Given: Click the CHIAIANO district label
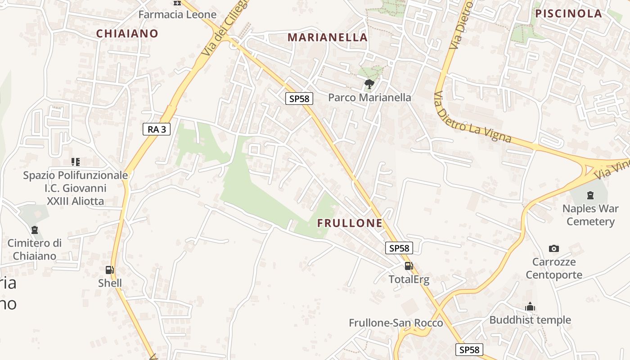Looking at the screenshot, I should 127,33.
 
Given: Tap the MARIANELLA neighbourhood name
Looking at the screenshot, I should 328,37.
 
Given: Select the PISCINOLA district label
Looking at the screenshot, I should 569,13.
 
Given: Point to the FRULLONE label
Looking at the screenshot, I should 350,223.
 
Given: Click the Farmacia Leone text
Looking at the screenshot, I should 177,14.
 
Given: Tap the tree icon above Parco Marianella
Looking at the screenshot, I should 369,84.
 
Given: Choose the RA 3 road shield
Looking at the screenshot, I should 157,130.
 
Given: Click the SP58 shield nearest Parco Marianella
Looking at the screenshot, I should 299,99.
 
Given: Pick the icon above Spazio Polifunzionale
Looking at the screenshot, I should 76,162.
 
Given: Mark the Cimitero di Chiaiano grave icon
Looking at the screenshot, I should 35,230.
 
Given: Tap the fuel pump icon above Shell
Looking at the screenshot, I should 109,270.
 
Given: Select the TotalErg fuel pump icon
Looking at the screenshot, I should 409,265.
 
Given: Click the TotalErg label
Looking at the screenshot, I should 409,279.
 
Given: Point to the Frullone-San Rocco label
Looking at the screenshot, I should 396,323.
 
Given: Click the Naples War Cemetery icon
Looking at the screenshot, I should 590,195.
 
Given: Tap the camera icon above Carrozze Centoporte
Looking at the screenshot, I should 554,248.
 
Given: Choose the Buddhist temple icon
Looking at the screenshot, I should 530,307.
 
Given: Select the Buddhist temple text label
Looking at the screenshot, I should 530,320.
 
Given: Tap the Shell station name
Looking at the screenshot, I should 110,283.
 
